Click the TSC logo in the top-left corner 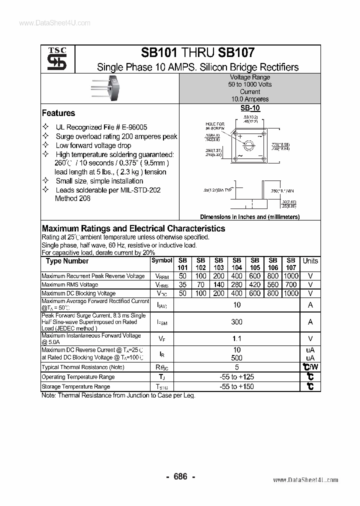coord(53,59)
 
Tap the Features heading coord(58,113)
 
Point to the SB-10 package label coord(249,108)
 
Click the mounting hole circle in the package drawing coord(249,145)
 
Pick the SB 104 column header coord(236,263)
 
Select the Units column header coord(310,261)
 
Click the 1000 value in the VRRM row coord(290,275)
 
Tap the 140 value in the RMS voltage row coord(218,284)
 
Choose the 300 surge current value coord(236,322)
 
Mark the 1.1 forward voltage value coord(236,338)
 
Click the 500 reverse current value coord(236,358)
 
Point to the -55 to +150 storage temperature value coord(236,386)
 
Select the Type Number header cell coord(67,261)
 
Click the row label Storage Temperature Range coord(75,386)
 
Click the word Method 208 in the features coord(73,198)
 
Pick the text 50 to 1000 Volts coord(250,84)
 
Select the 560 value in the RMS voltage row coord(272,284)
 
